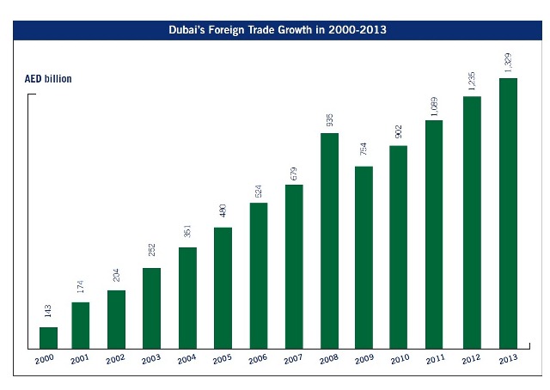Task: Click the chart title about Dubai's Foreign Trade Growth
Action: [275, 30]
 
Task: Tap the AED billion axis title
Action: [48, 79]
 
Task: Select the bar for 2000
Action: [48, 338]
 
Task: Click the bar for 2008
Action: [329, 241]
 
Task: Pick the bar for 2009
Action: [364, 258]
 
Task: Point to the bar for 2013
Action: [507, 214]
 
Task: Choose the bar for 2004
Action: [188, 298]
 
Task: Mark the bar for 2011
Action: [435, 235]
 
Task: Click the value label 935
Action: [329, 119]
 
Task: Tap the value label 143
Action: [48, 313]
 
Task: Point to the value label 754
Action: [364, 152]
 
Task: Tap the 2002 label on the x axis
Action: [115, 360]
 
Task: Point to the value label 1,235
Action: [470, 80]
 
